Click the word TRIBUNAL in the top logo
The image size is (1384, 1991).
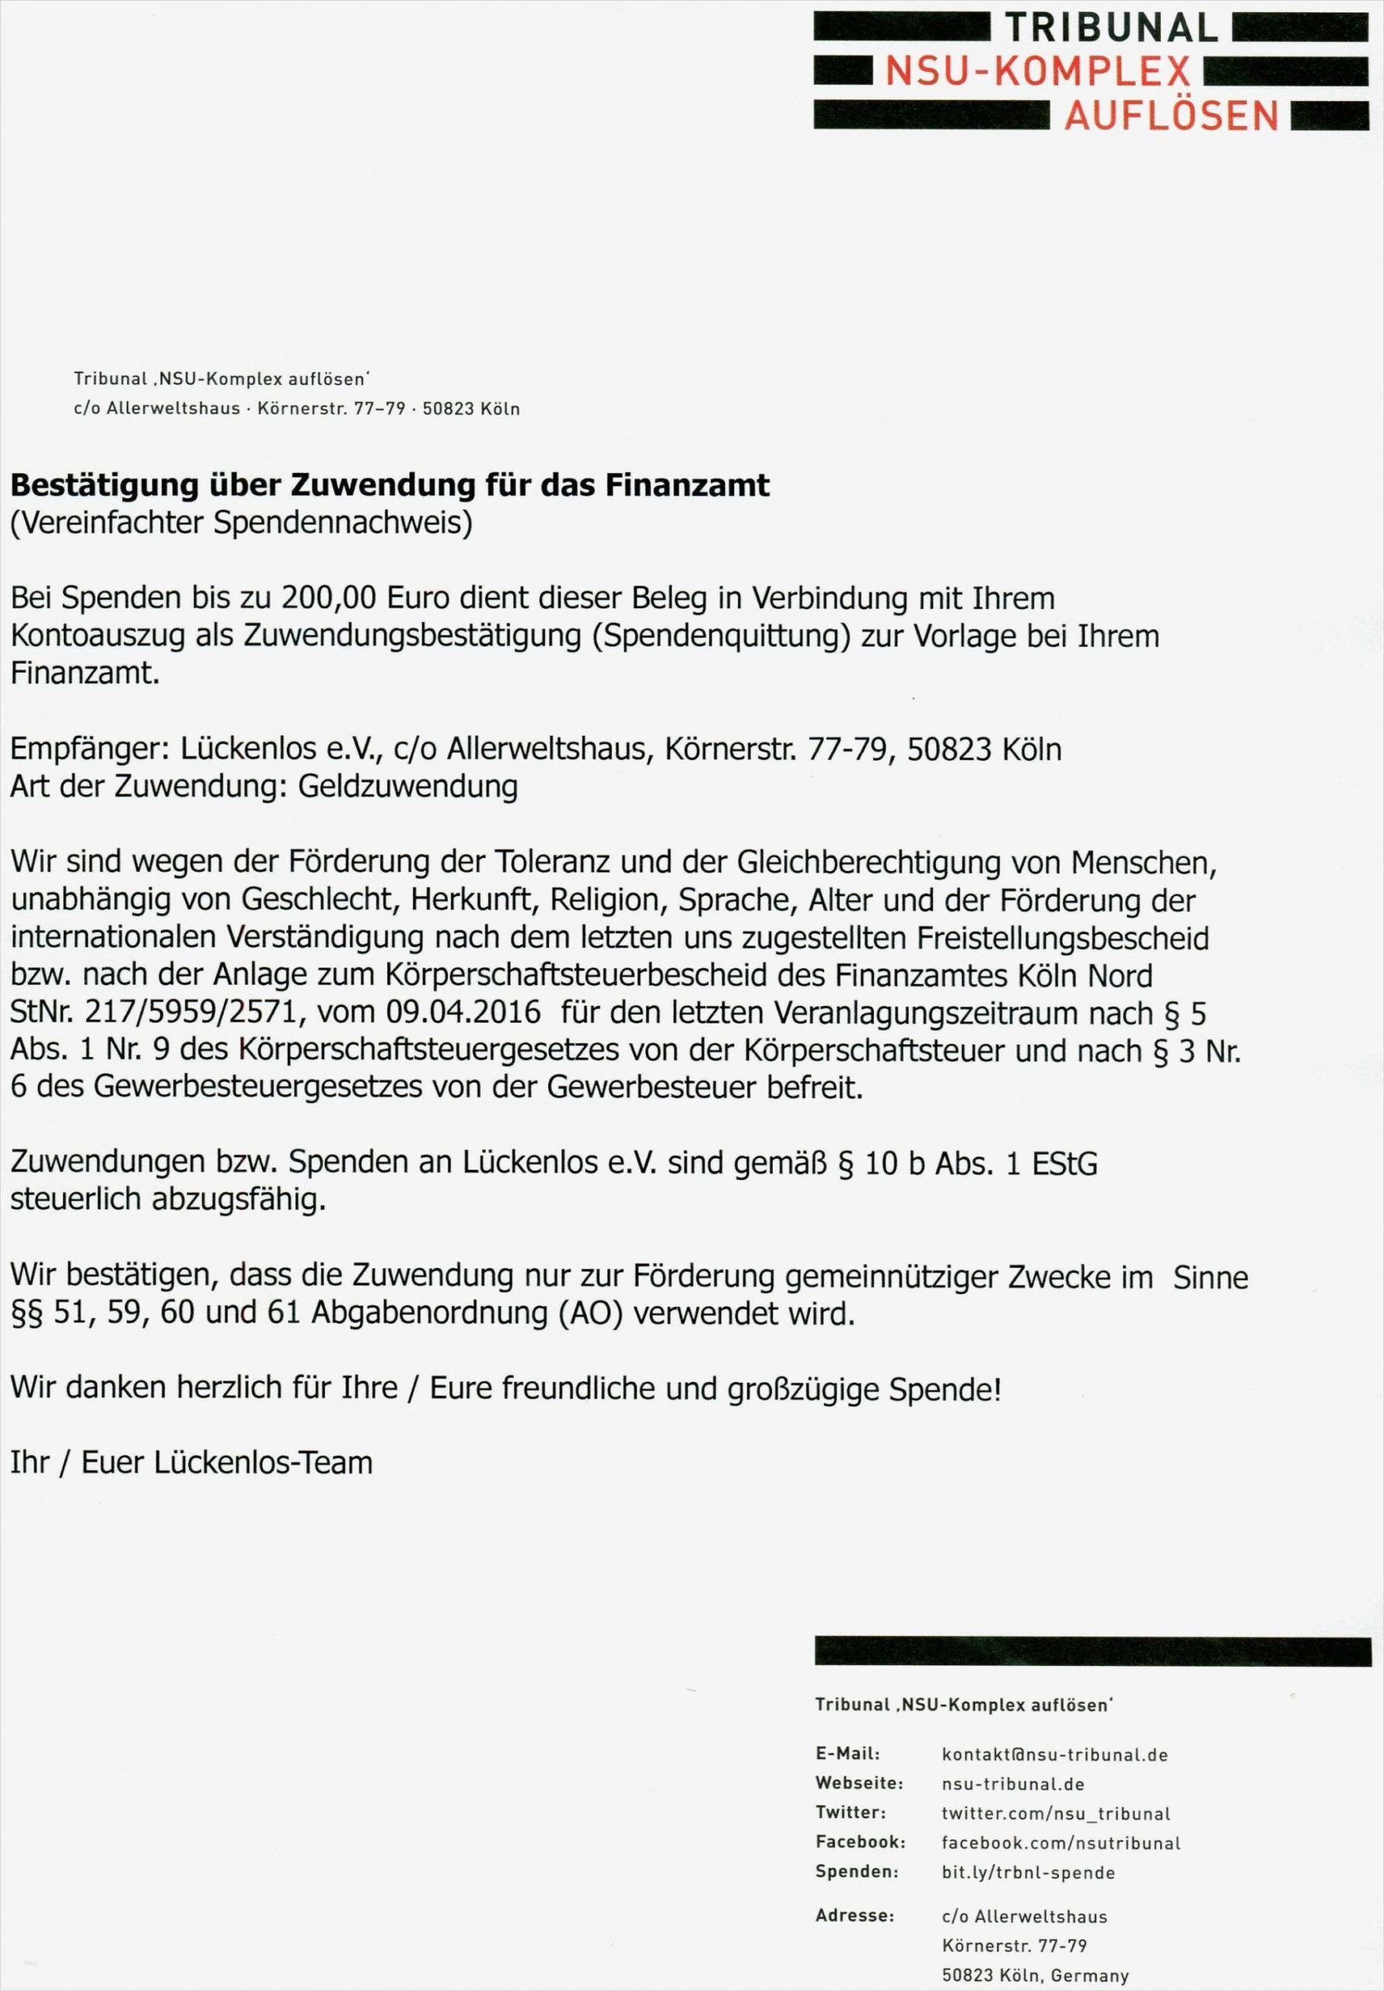[1112, 29]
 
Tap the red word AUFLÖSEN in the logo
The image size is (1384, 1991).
[1172, 115]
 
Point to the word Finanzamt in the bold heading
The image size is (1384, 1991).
[687, 485]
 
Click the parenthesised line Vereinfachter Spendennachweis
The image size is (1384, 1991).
[241, 523]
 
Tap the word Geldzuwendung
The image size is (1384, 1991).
[407, 786]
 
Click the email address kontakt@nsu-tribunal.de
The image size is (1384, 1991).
[1054, 1755]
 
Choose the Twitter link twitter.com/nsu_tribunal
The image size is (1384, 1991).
[1055, 1813]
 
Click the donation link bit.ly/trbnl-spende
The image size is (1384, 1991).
[1028, 1872]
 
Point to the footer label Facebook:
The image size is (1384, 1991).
[860, 1842]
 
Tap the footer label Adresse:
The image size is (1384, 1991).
[855, 1916]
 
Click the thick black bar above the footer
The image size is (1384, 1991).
[1092, 1651]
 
